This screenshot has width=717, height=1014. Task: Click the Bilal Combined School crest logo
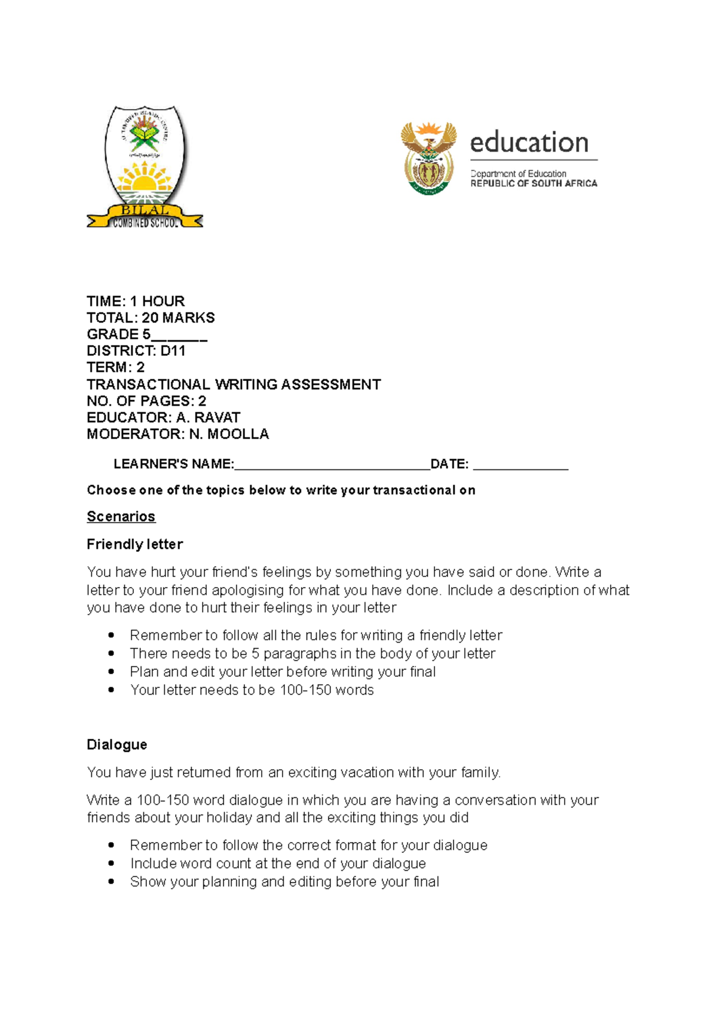(145, 167)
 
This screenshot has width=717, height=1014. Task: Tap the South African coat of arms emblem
(428, 158)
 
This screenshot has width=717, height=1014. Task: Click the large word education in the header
(529, 143)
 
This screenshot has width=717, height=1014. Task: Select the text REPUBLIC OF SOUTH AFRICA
(534, 184)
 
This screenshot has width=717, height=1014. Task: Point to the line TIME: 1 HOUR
(136, 301)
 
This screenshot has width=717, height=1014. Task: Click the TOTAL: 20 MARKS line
(151, 318)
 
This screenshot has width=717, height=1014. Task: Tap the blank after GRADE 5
(179, 336)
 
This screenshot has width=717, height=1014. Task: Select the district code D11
(173, 351)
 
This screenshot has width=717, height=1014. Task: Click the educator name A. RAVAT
(208, 417)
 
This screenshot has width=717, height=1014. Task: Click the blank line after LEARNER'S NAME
(332, 466)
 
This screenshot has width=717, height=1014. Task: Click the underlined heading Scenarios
(121, 517)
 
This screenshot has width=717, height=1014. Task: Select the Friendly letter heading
(134, 545)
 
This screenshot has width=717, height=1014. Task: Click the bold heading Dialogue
(117, 745)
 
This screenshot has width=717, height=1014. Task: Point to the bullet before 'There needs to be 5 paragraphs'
(111, 654)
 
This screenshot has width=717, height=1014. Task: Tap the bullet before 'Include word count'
(111, 864)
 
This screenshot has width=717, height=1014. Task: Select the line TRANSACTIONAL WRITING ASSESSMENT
(234, 385)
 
